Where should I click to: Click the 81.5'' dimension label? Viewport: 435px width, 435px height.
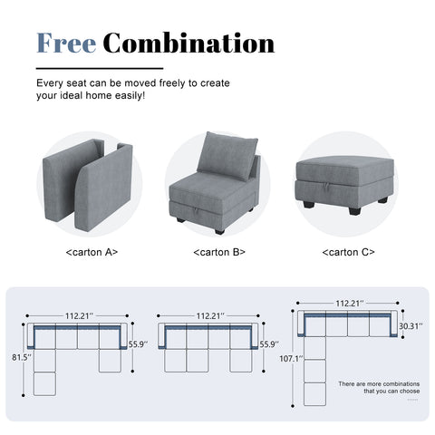tap(20, 358)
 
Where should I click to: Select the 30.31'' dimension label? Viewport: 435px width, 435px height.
tap(408, 327)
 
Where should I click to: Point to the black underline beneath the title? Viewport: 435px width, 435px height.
tap(100, 68)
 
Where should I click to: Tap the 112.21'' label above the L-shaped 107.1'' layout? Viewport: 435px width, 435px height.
tap(349, 304)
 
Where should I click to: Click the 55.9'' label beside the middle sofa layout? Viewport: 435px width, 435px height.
tap(269, 345)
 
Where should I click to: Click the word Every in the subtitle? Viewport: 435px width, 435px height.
tap(51, 82)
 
